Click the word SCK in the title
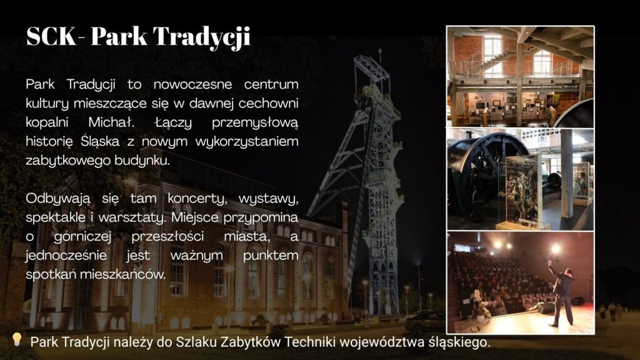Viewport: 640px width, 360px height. (x=51, y=36)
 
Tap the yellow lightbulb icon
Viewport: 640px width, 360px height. (x=16, y=339)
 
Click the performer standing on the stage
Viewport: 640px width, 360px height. (x=562, y=292)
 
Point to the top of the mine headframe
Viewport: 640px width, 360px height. (x=379, y=51)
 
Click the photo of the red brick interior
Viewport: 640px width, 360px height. (x=521, y=77)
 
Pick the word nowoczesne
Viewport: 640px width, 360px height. (x=192, y=84)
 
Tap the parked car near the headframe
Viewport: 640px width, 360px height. (x=424, y=321)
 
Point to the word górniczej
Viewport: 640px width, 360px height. (x=82, y=237)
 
